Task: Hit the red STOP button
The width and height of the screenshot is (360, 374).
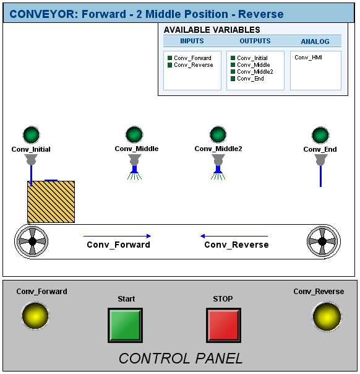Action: [223, 325]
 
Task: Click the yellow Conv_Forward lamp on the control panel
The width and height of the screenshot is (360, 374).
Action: [35, 316]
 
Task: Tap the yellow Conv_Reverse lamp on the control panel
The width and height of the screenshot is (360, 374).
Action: [327, 316]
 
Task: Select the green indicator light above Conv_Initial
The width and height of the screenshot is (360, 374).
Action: [31, 135]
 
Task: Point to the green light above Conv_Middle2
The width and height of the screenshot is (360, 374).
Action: [218, 134]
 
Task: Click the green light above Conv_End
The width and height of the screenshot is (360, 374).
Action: [320, 135]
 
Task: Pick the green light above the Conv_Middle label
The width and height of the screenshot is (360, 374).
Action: [134, 134]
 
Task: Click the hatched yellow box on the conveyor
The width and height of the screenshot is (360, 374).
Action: [51, 202]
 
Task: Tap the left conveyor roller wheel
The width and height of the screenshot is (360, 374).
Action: [32, 241]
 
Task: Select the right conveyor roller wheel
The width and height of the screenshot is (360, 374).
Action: [324, 241]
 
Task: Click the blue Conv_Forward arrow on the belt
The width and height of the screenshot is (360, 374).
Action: [117, 236]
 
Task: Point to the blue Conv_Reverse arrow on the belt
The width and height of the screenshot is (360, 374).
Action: [234, 236]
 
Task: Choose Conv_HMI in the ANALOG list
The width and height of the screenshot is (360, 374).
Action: [308, 58]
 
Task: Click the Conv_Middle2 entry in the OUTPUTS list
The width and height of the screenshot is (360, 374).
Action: [255, 72]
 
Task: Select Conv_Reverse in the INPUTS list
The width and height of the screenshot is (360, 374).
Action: [193, 65]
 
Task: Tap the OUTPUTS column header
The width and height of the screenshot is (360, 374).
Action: [255, 41]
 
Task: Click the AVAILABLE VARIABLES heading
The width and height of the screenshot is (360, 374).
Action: [212, 30]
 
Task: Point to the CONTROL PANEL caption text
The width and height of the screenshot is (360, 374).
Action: [181, 359]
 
